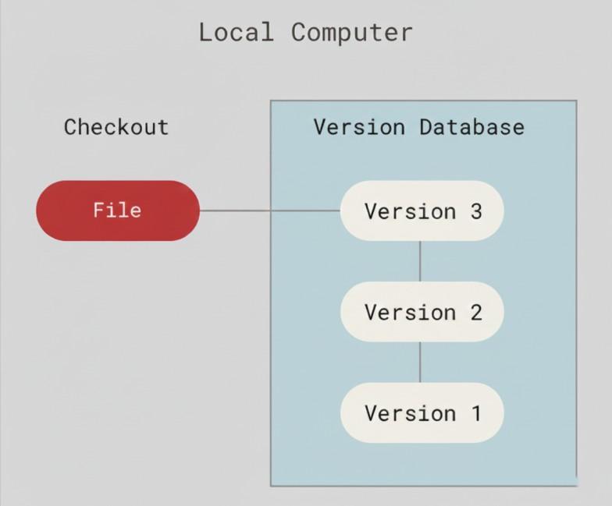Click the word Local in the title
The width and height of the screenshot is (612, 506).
236,33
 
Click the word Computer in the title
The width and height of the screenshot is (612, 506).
351,33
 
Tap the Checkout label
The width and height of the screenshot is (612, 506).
116,127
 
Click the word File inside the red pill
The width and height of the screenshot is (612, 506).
117,211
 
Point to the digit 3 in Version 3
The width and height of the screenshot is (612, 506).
475,211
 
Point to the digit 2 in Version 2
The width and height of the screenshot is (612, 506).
475,312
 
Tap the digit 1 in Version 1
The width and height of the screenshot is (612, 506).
475,412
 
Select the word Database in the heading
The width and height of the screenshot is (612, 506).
471,127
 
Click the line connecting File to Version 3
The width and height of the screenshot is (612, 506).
269,211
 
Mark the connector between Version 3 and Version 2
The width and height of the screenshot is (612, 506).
420,261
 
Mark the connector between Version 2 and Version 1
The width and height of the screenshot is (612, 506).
420,362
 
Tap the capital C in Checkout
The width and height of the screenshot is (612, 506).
70,127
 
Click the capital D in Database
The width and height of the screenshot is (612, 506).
425,127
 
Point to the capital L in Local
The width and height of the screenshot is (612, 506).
205,33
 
